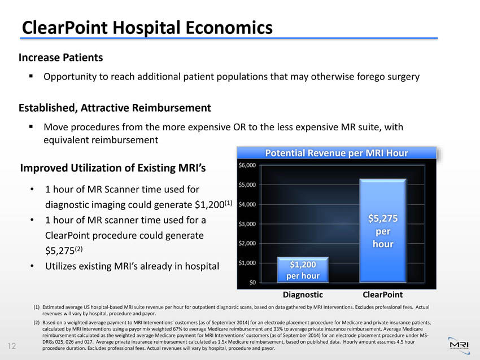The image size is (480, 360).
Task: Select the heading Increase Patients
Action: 61,58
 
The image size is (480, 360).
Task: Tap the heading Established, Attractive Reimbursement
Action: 115,107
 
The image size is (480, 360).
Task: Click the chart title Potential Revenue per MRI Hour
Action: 337,153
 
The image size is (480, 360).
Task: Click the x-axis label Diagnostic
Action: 303,295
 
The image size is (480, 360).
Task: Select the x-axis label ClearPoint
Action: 382,295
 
